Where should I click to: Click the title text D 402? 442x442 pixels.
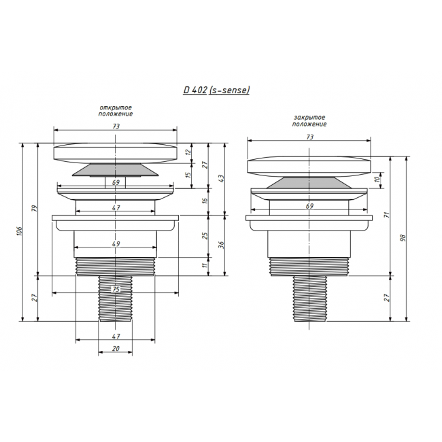click(x=195, y=90)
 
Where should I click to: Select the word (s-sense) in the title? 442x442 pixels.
click(x=229, y=90)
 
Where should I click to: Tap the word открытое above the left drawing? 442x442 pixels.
click(x=116, y=107)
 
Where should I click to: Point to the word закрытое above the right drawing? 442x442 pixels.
click(x=309, y=118)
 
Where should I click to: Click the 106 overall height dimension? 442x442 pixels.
click(x=20, y=231)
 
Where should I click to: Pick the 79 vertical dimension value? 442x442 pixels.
click(x=35, y=209)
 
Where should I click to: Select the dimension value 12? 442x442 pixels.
click(x=188, y=152)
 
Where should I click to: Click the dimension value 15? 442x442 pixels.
click(x=188, y=175)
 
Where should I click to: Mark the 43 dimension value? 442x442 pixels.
click(x=221, y=178)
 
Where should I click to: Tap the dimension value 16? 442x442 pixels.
click(x=205, y=201)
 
